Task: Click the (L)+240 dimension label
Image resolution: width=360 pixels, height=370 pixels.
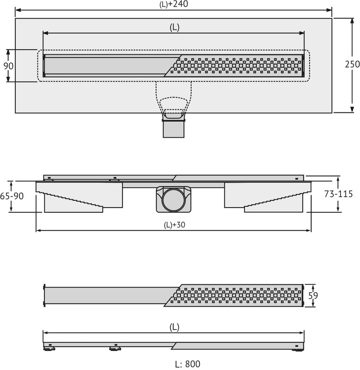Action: [x=174, y=4]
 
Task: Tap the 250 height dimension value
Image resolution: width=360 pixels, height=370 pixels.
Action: [x=352, y=64]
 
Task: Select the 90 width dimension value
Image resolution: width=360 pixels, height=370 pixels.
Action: [x=8, y=66]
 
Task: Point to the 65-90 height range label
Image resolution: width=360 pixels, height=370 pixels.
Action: [x=12, y=196]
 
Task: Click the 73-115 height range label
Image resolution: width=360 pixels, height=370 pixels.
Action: [x=338, y=194]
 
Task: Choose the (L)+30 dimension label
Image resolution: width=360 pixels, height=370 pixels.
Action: [x=174, y=225]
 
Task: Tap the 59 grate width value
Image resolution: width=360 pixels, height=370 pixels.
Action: [x=313, y=296]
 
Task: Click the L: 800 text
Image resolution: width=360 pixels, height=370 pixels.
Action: [x=188, y=364]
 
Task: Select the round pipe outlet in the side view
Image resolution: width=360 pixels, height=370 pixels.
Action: [x=174, y=200]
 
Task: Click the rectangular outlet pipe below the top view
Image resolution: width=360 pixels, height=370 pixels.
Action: [x=174, y=129]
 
